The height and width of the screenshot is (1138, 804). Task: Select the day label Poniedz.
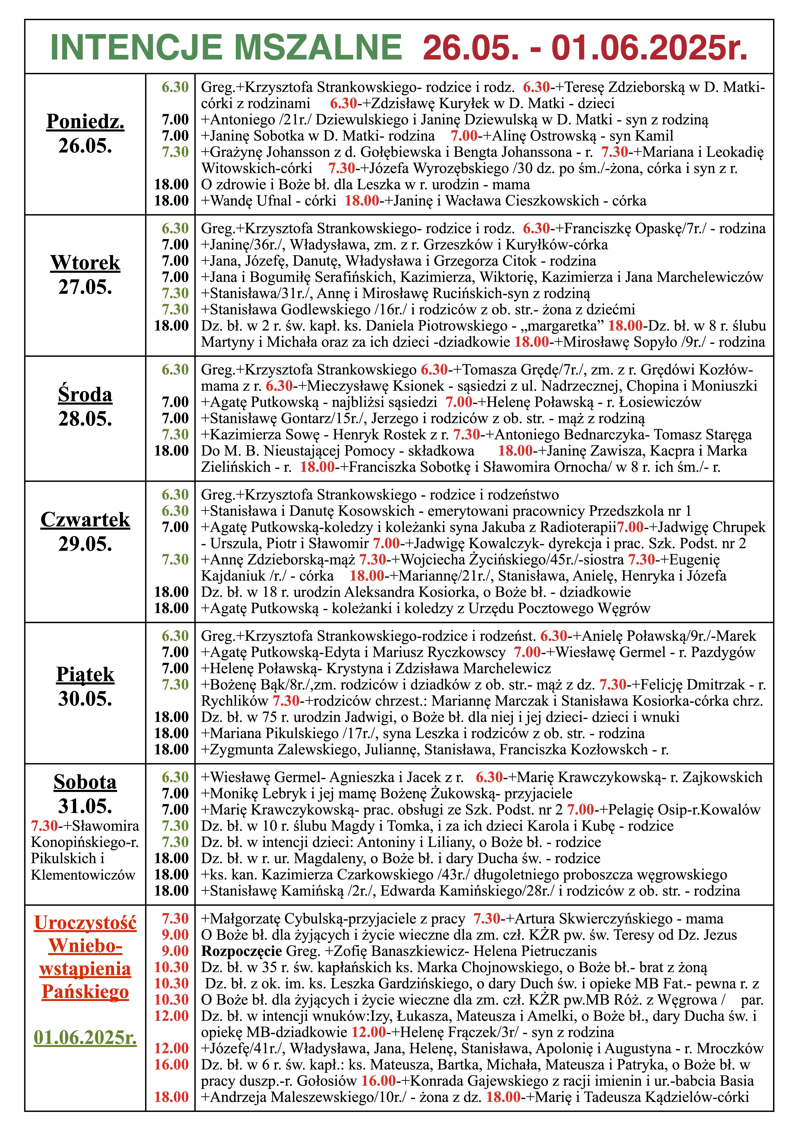pyautogui.click(x=85, y=121)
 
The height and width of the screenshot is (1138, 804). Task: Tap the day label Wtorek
pyautogui.click(x=85, y=263)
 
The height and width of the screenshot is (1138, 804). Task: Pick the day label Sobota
pyautogui.click(x=85, y=782)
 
